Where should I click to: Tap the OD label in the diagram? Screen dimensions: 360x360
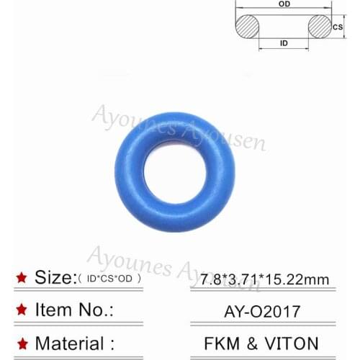pyautogui.click(x=285, y=4)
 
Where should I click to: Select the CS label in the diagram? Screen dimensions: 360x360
pyautogui.click(x=337, y=27)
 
